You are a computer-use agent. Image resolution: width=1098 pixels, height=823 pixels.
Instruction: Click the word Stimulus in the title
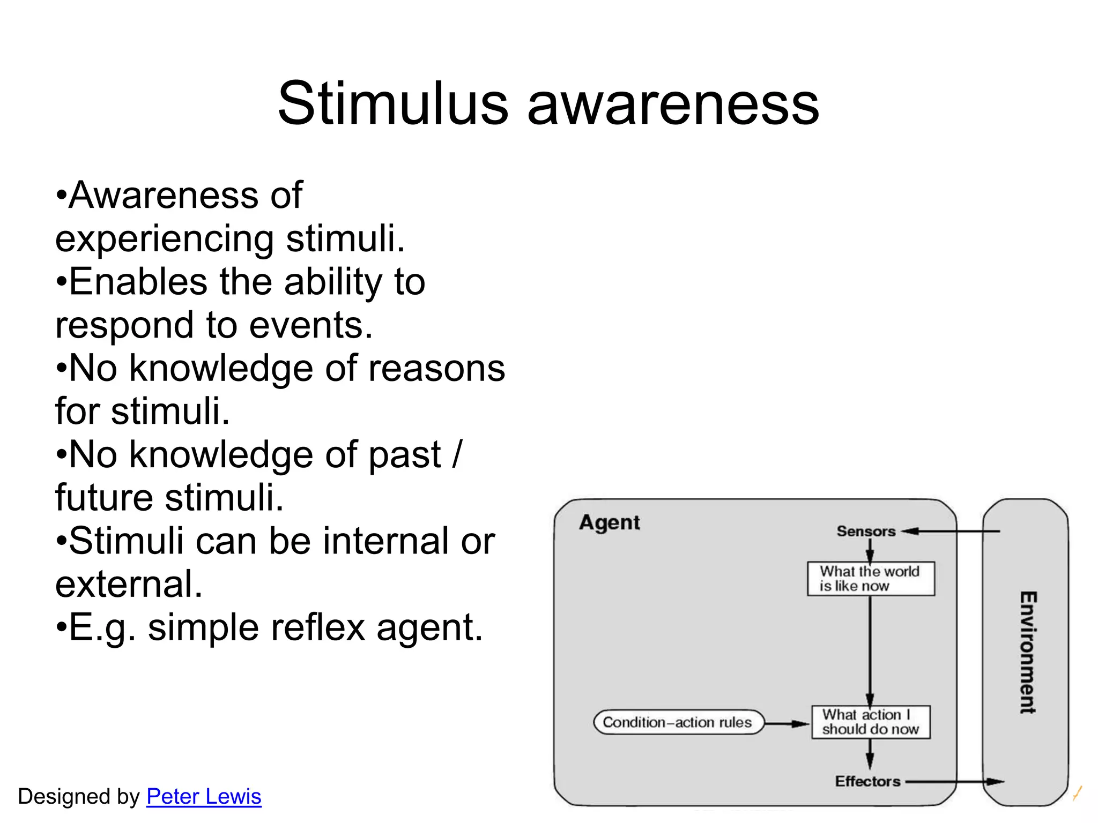point(392,103)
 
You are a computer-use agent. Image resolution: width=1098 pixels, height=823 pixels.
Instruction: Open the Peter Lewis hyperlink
point(204,796)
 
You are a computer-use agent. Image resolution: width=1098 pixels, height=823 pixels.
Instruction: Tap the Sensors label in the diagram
point(866,531)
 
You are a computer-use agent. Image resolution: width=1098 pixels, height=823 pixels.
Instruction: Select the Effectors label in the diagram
point(867,781)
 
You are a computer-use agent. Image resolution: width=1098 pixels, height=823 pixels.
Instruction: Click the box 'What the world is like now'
point(871,579)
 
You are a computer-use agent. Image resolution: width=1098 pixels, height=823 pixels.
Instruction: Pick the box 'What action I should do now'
point(871,722)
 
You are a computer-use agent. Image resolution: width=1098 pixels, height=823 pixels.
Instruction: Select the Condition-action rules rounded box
point(678,722)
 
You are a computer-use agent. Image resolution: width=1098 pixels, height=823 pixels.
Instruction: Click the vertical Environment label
point(1027,652)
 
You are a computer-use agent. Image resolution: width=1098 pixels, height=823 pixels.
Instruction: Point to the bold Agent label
point(609,522)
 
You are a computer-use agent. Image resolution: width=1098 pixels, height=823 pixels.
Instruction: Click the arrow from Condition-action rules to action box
point(787,723)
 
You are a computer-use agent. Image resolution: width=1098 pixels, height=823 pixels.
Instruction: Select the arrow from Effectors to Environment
point(954,782)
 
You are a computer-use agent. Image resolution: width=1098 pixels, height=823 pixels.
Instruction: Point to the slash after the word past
point(456,454)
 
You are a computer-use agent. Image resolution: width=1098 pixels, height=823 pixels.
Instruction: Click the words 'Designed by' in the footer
point(79,796)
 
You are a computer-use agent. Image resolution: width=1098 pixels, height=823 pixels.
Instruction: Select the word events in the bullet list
point(310,325)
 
